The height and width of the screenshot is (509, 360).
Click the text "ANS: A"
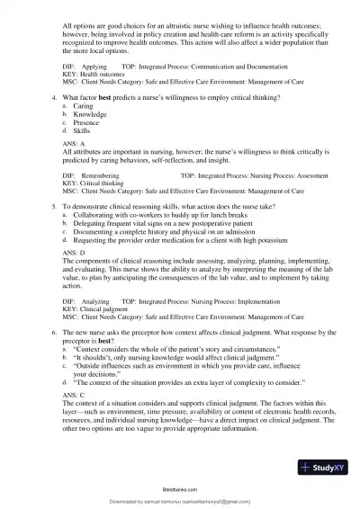[x=75, y=168]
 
